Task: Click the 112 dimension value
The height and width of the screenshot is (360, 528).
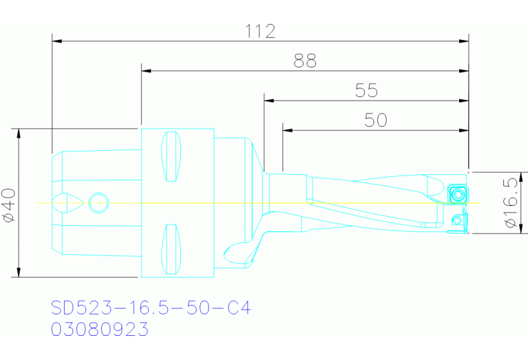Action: pyautogui.click(x=260, y=31)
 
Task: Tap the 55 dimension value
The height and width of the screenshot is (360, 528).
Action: pyautogui.click(x=366, y=90)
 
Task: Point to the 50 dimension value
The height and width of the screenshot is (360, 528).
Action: pyautogui.click(x=375, y=120)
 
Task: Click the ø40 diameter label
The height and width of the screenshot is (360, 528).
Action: pyautogui.click(x=9, y=204)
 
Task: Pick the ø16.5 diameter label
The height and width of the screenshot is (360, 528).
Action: pyautogui.click(x=509, y=203)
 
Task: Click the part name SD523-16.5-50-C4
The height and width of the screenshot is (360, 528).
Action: pyautogui.click(x=151, y=308)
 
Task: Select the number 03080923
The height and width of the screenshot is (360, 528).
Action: pyautogui.click(x=100, y=330)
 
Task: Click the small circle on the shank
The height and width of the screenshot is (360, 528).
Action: pyautogui.click(x=98, y=202)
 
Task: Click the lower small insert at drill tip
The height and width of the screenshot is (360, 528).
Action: pyautogui.click(x=457, y=221)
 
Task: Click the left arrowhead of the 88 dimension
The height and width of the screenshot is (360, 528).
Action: pyautogui.click(x=146, y=71)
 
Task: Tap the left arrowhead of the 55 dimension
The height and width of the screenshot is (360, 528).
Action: pyautogui.click(x=268, y=100)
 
